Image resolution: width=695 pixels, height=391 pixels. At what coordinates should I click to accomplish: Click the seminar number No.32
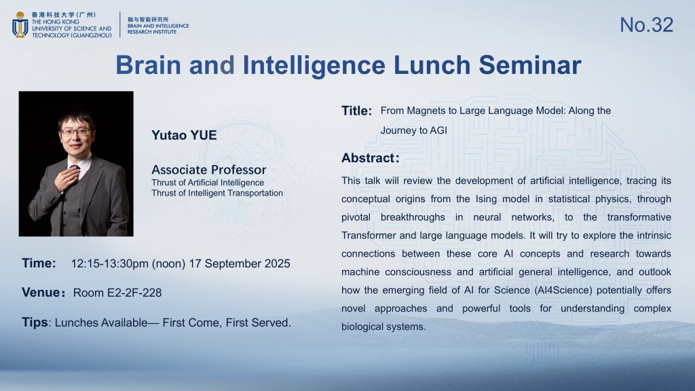(x=646, y=25)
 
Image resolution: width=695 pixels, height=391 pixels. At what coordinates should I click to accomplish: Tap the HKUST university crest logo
(x=20, y=25)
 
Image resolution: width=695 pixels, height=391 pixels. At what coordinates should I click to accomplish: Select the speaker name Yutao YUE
(x=184, y=135)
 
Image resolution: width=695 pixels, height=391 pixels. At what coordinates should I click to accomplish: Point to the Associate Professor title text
(x=209, y=170)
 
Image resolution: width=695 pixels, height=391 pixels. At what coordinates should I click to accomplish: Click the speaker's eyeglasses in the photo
(x=76, y=132)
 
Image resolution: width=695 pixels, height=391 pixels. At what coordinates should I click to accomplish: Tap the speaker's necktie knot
(x=75, y=168)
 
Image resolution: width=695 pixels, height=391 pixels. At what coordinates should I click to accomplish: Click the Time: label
(x=39, y=263)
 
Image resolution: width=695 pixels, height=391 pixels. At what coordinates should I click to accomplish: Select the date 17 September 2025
(x=240, y=264)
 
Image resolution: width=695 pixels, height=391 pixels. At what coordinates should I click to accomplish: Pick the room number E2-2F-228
(x=134, y=293)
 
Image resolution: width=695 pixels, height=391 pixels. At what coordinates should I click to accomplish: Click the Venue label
(x=41, y=293)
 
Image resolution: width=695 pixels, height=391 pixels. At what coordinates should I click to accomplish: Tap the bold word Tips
(x=35, y=322)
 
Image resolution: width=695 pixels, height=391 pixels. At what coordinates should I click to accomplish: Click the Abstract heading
(x=370, y=158)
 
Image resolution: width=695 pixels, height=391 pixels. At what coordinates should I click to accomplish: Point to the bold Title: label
(x=356, y=111)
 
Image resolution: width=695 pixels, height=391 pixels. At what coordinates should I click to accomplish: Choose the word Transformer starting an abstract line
(x=369, y=236)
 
